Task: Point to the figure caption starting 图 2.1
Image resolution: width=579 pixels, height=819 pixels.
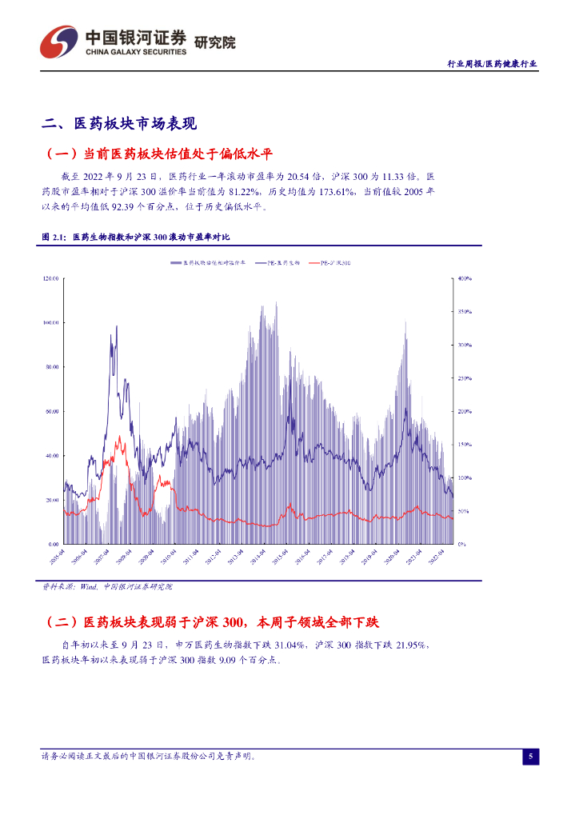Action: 135,238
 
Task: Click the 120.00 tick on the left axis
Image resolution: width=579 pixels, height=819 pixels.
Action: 51,278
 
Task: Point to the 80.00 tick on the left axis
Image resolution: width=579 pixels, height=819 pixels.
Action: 53,367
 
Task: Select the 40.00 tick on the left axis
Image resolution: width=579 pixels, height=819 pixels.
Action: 53,456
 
